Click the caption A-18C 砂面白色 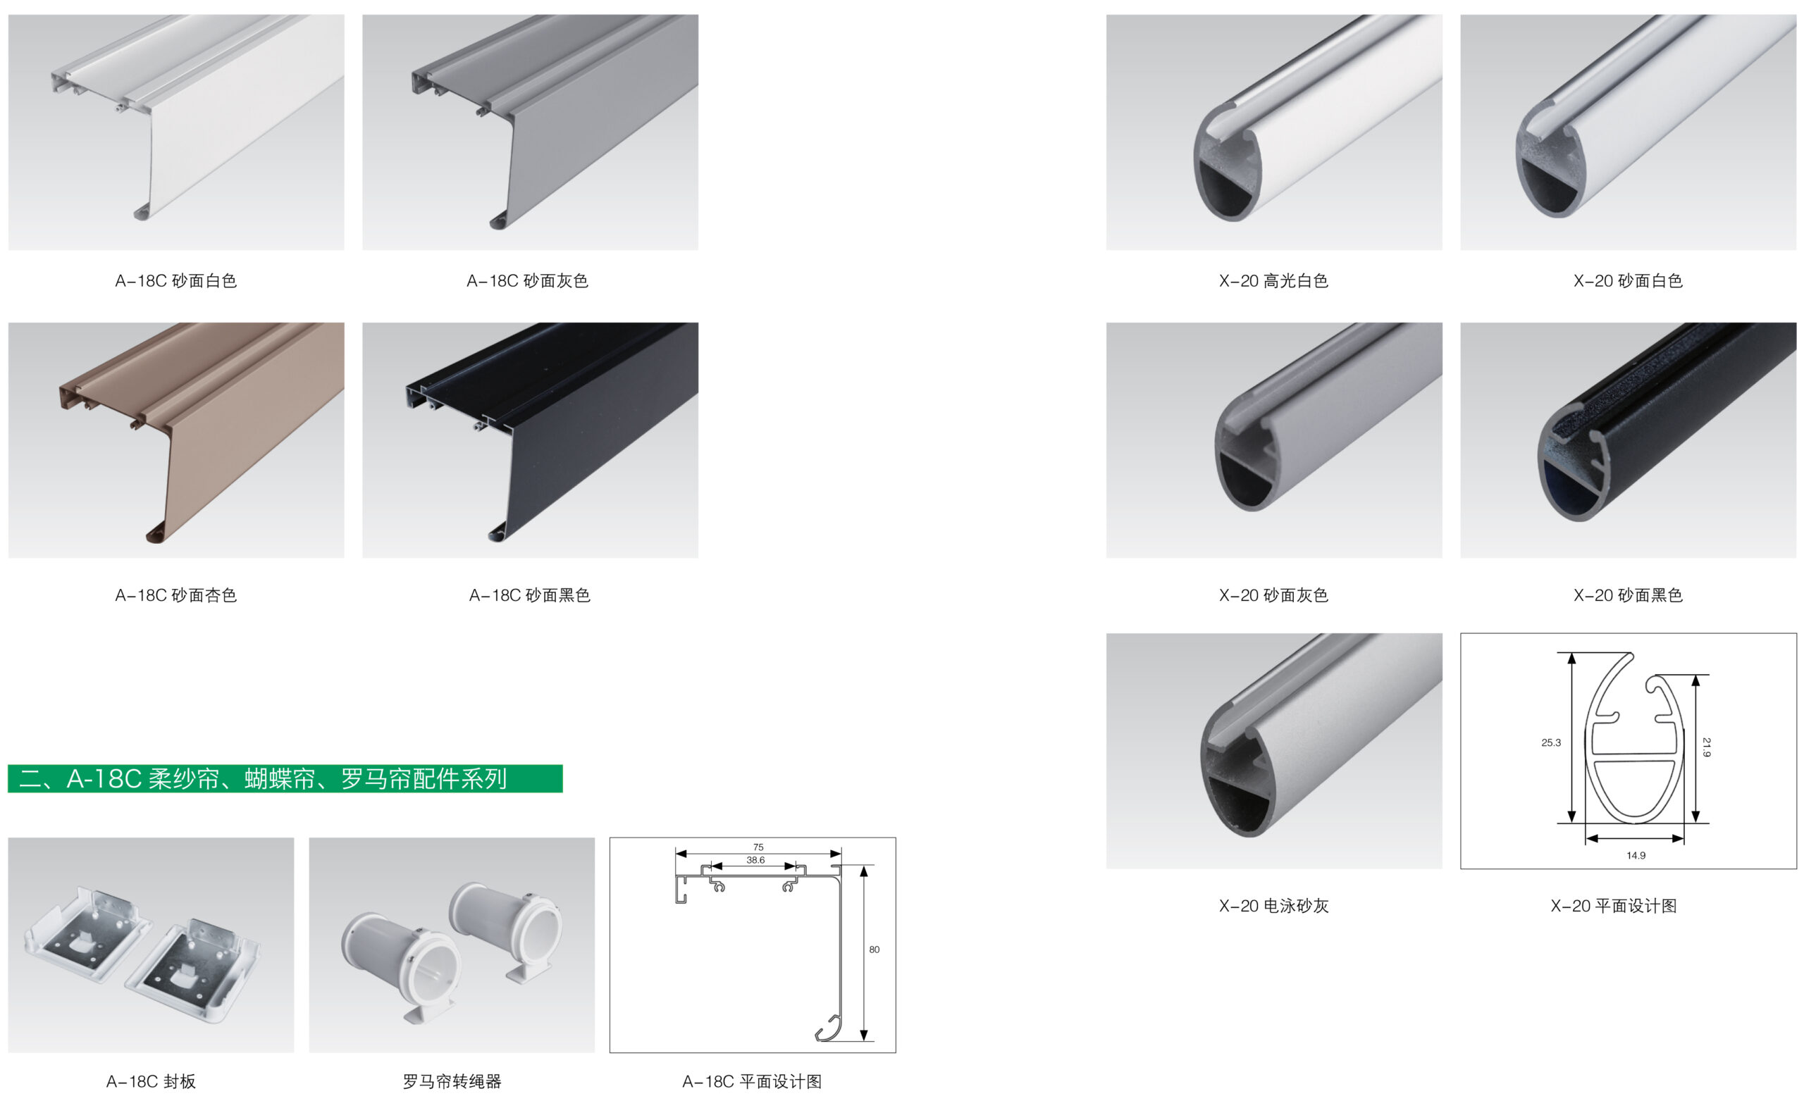click(176, 280)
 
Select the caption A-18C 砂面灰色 click(527, 280)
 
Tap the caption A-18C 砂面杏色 click(176, 595)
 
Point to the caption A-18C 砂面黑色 click(529, 595)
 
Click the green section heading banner click(285, 778)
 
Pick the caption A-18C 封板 click(151, 1082)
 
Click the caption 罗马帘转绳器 click(452, 1082)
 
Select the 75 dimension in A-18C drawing click(758, 847)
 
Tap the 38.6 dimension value click(755, 860)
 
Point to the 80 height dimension click(875, 950)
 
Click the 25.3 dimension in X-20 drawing click(1551, 742)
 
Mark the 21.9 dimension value click(1707, 747)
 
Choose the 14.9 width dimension click(1636, 855)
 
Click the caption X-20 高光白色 click(1273, 280)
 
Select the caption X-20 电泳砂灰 click(1273, 906)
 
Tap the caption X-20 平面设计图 click(1614, 906)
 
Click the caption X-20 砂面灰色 click(1273, 595)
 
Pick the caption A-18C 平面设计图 click(752, 1082)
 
